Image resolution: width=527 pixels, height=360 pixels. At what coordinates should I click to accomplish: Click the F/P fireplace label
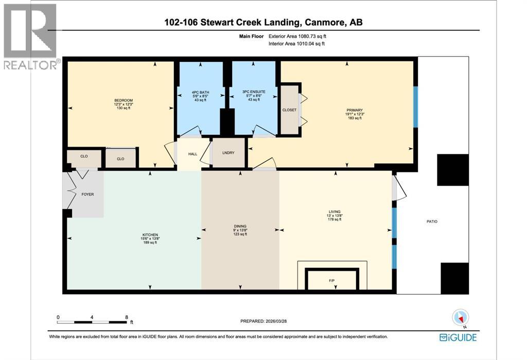click(331, 281)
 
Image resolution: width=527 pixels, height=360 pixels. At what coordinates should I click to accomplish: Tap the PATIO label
click(431, 221)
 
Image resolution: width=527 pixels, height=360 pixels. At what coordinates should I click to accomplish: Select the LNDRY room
click(228, 152)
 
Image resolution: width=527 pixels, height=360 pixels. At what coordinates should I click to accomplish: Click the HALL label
click(192, 153)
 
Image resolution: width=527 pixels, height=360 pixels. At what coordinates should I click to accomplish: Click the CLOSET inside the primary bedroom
click(289, 110)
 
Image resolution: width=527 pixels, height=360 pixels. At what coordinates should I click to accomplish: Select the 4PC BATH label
click(200, 93)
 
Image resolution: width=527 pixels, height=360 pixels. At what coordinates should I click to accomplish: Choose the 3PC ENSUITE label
click(253, 93)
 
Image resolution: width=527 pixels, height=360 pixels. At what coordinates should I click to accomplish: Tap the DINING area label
click(240, 226)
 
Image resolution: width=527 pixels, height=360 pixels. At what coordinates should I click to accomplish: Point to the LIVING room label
click(335, 211)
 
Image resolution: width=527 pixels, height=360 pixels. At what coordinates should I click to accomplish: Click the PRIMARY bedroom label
click(355, 110)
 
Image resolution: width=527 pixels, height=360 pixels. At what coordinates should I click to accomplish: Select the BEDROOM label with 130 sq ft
click(124, 100)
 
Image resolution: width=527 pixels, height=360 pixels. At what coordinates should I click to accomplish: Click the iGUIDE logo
click(458, 337)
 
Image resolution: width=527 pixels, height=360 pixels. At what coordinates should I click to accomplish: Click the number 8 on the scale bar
click(126, 317)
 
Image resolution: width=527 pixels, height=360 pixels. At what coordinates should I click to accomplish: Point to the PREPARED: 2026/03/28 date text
click(269, 321)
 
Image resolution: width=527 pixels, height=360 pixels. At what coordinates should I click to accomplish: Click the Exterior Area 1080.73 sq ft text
click(297, 37)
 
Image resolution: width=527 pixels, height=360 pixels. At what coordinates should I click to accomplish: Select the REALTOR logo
click(30, 36)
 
